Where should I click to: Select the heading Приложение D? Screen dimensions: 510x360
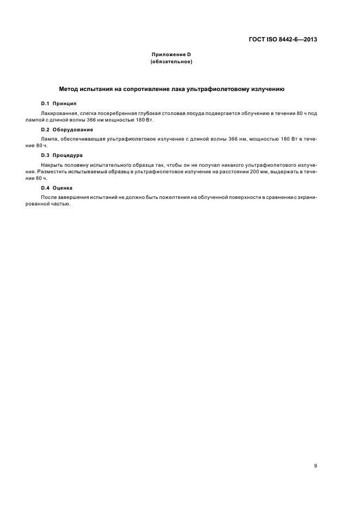point(172,55)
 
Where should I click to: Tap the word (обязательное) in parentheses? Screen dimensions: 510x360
point(172,62)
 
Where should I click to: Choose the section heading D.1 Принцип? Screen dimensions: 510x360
point(59,104)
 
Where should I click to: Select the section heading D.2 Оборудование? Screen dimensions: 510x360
point(67,130)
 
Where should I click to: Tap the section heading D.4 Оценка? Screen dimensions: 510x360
point(58,187)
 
